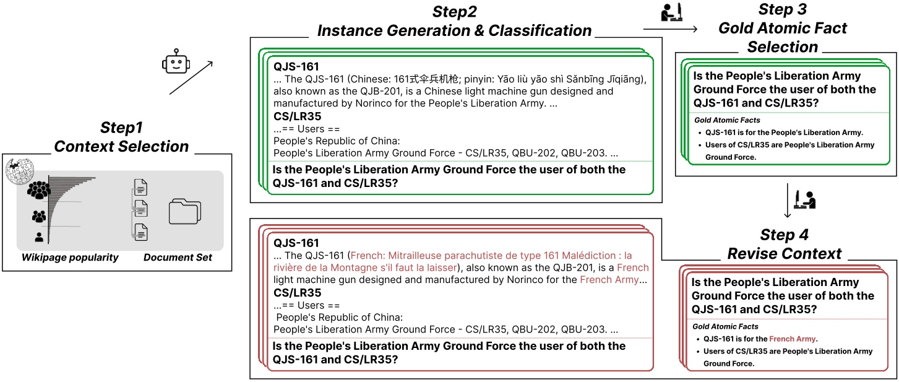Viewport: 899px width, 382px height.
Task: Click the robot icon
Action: (x=176, y=62)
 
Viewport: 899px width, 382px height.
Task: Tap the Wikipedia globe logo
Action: (x=19, y=171)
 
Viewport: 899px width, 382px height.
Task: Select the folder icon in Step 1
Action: (x=185, y=211)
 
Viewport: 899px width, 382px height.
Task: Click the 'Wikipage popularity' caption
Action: (x=70, y=258)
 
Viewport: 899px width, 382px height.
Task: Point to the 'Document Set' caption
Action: (x=178, y=258)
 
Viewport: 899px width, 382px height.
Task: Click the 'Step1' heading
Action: (x=121, y=128)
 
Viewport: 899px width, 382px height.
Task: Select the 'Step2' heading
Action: (x=454, y=12)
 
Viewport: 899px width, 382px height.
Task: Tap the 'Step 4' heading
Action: (x=784, y=235)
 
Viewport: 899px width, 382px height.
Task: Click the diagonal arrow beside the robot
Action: (x=191, y=78)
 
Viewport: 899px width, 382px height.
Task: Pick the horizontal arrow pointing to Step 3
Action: (x=670, y=29)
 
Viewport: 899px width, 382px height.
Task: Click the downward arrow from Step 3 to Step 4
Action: (x=788, y=201)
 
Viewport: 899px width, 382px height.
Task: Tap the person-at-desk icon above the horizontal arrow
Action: (x=671, y=12)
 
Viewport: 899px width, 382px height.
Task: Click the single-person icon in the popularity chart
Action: (x=39, y=237)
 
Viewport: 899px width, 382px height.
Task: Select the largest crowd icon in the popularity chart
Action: (x=38, y=189)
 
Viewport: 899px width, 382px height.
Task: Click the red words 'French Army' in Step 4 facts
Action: (x=792, y=339)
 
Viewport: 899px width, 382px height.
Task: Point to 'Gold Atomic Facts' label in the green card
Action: (x=727, y=120)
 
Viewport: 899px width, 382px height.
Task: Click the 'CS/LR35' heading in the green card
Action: (x=298, y=116)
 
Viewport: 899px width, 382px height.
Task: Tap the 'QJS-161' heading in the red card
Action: (x=296, y=243)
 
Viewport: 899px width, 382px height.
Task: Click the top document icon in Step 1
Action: (x=140, y=187)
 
